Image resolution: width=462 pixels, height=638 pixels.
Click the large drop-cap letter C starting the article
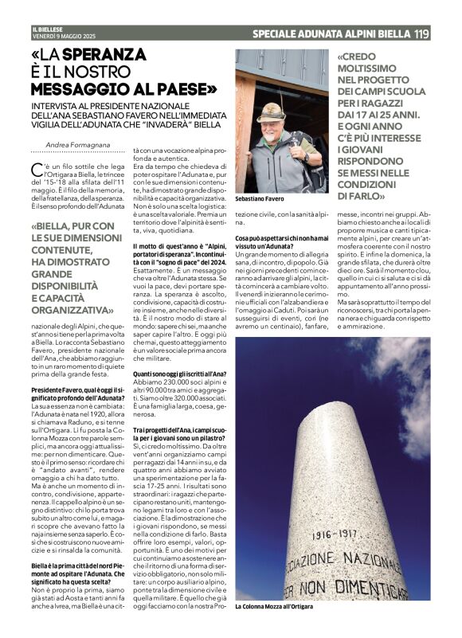37,169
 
